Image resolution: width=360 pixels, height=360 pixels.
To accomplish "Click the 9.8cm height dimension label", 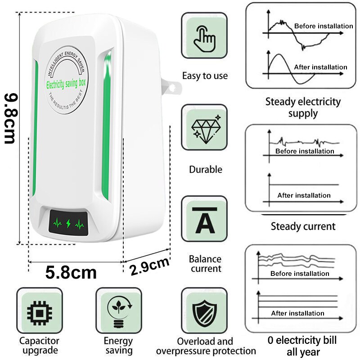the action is (x=10, y=118).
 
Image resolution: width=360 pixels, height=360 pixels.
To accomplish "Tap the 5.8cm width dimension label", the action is (x=71, y=272).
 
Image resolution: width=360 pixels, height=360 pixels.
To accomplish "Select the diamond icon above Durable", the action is (x=204, y=127).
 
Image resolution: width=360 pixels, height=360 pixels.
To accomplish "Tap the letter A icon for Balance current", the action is (x=204, y=219).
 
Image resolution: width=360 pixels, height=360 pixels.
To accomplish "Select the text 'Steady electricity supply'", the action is (x=303, y=107).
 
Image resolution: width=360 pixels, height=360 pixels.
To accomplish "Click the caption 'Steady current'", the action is (x=303, y=226).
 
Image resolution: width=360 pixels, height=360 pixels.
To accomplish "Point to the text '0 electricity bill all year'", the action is (x=303, y=346).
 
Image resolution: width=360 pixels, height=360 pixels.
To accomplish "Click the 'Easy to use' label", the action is (x=205, y=76).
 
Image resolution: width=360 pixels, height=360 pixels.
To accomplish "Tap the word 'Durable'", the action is (x=205, y=170).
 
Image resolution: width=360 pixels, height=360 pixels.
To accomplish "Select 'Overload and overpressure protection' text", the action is (x=206, y=346).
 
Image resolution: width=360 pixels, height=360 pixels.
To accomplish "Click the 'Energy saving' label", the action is (x=118, y=346).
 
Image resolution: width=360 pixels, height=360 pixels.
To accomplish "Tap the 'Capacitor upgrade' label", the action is (x=39, y=346).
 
